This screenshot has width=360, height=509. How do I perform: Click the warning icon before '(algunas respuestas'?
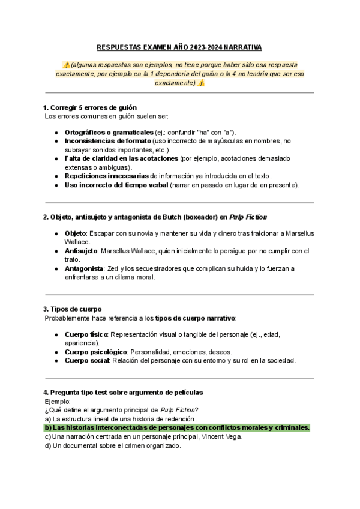point(65,65)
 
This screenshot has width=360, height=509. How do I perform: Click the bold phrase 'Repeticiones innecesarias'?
point(107,176)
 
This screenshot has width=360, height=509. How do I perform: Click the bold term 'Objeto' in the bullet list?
point(76,233)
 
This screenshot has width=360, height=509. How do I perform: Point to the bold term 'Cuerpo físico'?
point(86,334)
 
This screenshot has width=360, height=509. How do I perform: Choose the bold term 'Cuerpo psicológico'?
point(95,352)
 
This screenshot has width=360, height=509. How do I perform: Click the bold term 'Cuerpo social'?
point(86,360)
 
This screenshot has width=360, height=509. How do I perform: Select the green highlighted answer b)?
point(178,427)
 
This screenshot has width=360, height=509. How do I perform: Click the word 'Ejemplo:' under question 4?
point(58,401)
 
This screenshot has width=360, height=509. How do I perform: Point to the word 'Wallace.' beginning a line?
point(77,241)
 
